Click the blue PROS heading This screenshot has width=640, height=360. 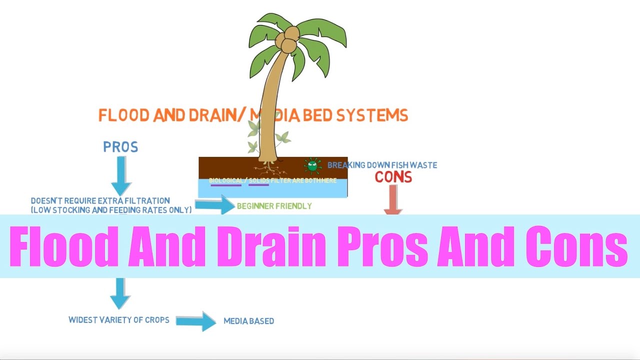[x=120, y=147]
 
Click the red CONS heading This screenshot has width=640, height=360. [x=393, y=177]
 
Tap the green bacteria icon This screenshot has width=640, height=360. [x=313, y=165]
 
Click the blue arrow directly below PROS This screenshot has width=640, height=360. [x=120, y=174]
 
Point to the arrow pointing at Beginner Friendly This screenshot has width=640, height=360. [x=214, y=204]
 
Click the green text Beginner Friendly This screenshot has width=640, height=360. [x=274, y=206]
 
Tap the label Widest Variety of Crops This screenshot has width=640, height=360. [x=119, y=319]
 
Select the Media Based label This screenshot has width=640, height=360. [x=248, y=321]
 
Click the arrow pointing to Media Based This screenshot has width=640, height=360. [x=196, y=321]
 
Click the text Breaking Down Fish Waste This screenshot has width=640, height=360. [x=382, y=165]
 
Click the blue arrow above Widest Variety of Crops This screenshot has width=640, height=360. [x=120, y=292]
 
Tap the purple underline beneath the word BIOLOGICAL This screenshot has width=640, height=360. [x=226, y=185]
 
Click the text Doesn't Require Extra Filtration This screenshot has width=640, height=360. [x=100, y=201]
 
